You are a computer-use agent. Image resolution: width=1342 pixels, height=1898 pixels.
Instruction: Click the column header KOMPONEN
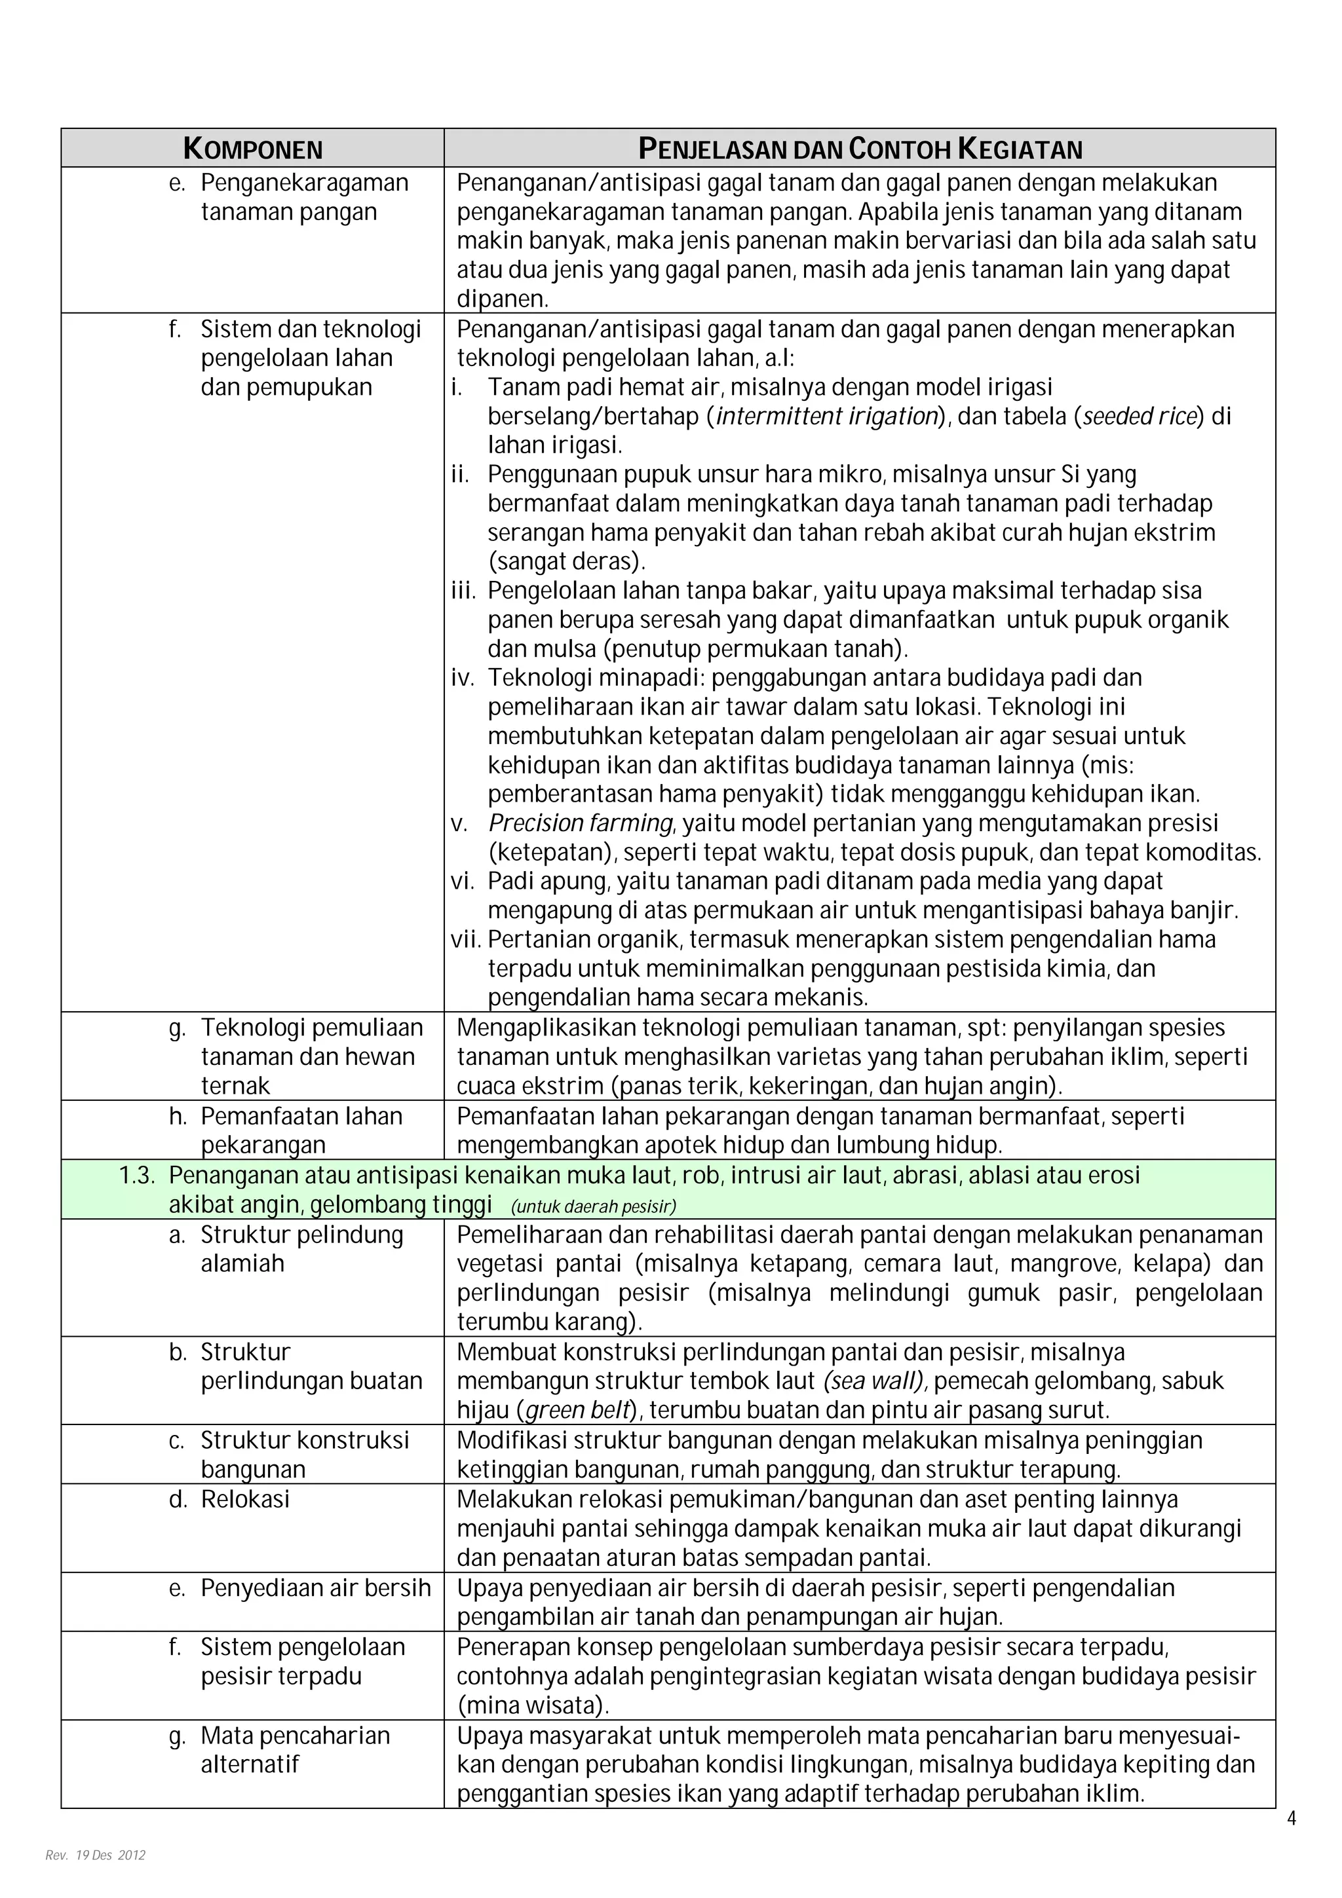click(252, 149)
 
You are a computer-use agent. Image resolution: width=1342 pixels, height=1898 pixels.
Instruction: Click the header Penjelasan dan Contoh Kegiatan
click(860, 149)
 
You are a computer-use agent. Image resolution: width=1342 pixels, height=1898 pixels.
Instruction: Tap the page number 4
click(1292, 1817)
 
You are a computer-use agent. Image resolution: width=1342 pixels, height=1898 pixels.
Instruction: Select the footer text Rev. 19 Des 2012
click(95, 1854)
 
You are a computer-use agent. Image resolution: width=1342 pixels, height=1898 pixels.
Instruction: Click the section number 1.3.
click(137, 1176)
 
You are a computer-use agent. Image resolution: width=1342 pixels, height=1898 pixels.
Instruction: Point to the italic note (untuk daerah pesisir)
click(594, 1206)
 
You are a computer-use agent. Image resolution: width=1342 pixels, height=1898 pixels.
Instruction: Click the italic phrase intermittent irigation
click(826, 416)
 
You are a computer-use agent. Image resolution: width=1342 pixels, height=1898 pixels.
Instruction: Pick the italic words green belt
click(579, 1409)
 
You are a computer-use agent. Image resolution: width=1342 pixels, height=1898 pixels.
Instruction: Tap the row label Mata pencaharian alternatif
click(294, 1749)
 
